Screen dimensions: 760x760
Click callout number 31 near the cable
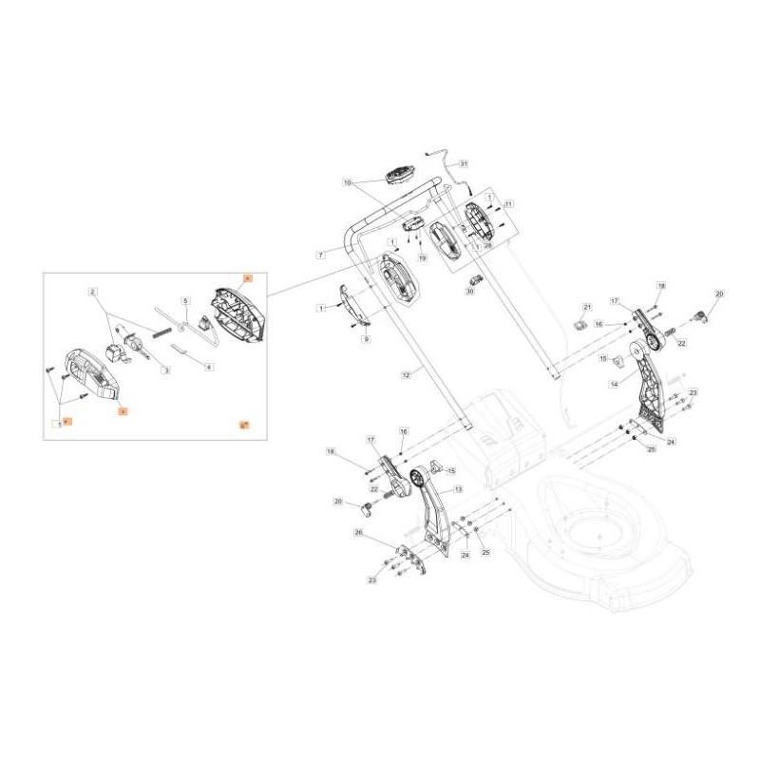click(x=464, y=163)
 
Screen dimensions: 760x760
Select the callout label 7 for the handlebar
click(x=321, y=255)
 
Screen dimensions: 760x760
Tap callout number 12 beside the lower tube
click(x=405, y=376)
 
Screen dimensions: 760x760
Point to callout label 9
click(x=366, y=339)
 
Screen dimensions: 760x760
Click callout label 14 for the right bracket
click(x=614, y=384)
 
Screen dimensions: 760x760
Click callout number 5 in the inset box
click(x=187, y=300)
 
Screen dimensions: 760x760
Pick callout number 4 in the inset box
click(x=209, y=367)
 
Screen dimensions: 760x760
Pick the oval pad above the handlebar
click(x=399, y=177)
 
